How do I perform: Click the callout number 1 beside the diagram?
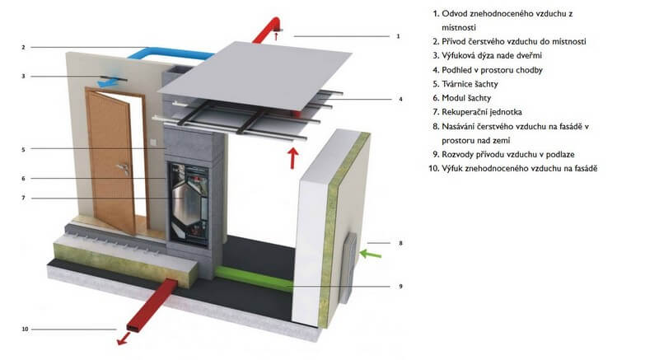pyautogui.click(x=398, y=36)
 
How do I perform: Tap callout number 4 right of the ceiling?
pyautogui.click(x=400, y=99)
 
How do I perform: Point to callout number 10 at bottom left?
pyautogui.click(x=26, y=330)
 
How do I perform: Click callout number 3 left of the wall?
pyautogui.click(x=24, y=76)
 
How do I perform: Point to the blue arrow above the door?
pyautogui.click(x=107, y=82)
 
